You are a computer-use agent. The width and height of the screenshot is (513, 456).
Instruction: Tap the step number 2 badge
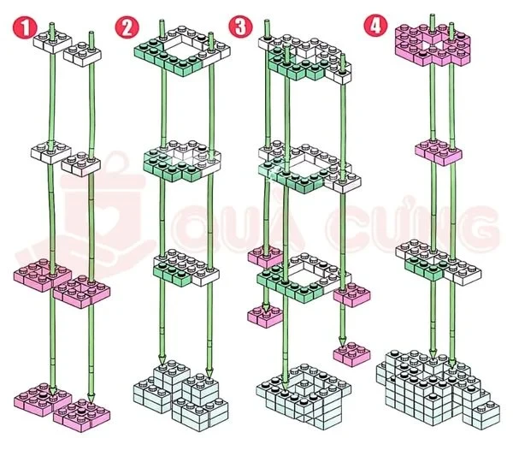click(x=127, y=27)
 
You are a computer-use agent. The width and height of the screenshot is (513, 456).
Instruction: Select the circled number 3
click(x=243, y=26)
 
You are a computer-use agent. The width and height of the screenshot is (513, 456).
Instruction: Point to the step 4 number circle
click(x=374, y=25)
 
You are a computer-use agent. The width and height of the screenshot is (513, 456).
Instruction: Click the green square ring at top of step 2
click(x=179, y=51)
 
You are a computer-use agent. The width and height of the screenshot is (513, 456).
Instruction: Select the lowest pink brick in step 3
click(x=351, y=352)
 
